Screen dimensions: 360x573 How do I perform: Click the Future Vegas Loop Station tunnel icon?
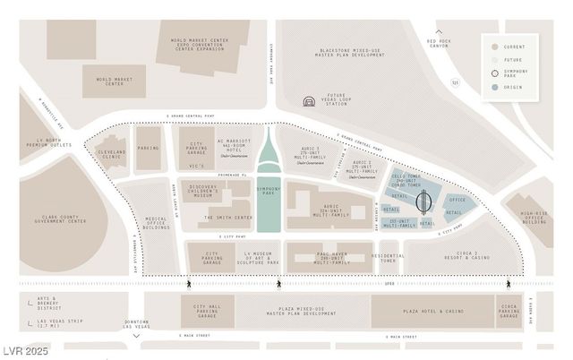(x=309, y=103)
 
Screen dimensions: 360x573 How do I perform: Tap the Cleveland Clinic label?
(x=112, y=152)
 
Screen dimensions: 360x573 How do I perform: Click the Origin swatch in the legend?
(x=494, y=87)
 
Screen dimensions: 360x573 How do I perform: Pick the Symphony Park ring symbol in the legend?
(x=494, y=73)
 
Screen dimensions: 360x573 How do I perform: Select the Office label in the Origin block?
(x=457, y=200)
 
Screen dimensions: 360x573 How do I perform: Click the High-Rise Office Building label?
(x=535, y=217)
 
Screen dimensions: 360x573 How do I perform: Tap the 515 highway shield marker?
(x=454, y=82)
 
